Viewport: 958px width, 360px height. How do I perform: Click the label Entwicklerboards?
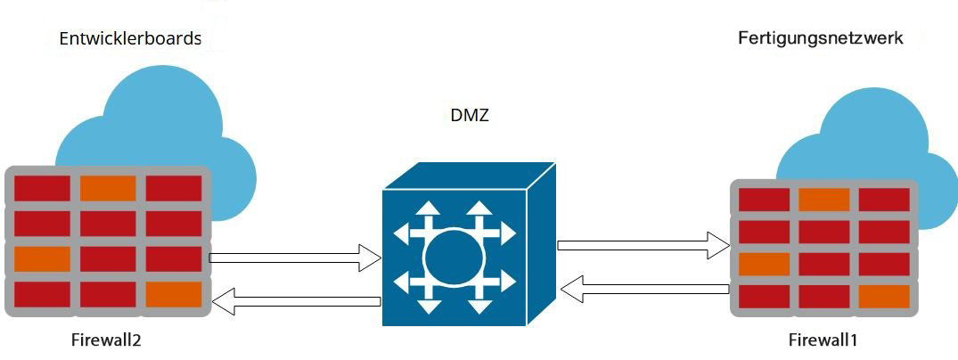click(130, 39)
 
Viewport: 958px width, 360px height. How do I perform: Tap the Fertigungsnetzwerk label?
click(821, 38)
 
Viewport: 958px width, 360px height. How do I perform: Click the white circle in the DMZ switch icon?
click(454, 258)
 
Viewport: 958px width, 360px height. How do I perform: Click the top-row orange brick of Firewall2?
click(108, 189)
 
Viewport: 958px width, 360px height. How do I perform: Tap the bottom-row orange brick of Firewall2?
click(174, 294)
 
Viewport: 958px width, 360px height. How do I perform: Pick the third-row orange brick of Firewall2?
click(42, 258)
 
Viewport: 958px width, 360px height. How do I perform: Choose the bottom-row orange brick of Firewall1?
click(884, 296)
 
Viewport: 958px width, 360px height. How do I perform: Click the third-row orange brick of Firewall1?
click(765, 265)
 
